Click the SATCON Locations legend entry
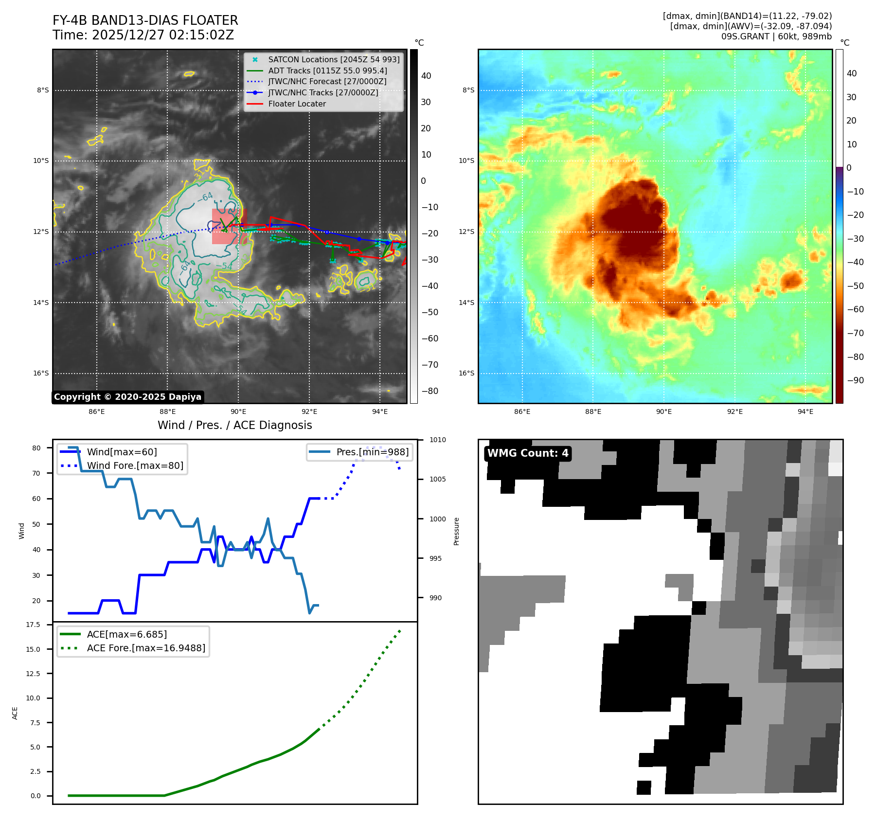334,60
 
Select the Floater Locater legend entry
297,104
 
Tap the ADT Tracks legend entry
327,71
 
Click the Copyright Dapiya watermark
127,397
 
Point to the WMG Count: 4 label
528,453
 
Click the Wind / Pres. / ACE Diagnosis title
234,425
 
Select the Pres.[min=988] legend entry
372,452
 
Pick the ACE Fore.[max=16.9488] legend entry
146,648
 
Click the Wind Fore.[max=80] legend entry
135,466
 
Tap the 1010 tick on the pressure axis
437,440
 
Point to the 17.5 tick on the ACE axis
33,625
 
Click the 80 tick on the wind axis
36,448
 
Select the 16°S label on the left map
41,374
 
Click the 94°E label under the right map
805,411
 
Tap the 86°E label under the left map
97,411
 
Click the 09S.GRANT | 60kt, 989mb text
776,36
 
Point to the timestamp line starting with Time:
143,35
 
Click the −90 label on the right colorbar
855,380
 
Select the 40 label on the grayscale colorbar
426,76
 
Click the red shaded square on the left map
229,226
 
